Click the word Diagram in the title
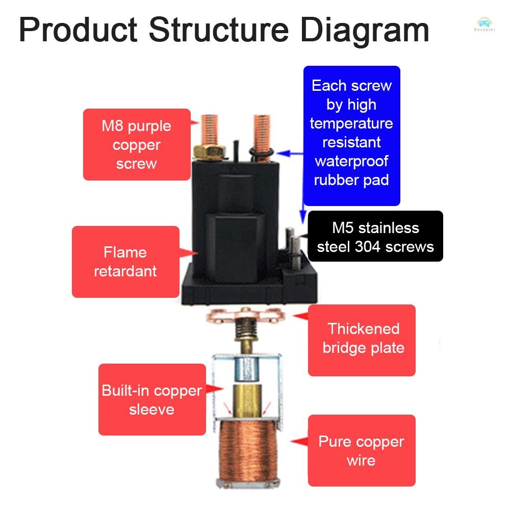(x=364, y=30)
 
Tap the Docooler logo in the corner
(x=483, y=24)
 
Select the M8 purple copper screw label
(x=136, y=144)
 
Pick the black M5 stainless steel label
(x=375, y=237)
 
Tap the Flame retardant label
(x=125, y=262)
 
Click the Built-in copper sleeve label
(x=151, y=399)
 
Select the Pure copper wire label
(x=361, y=450)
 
